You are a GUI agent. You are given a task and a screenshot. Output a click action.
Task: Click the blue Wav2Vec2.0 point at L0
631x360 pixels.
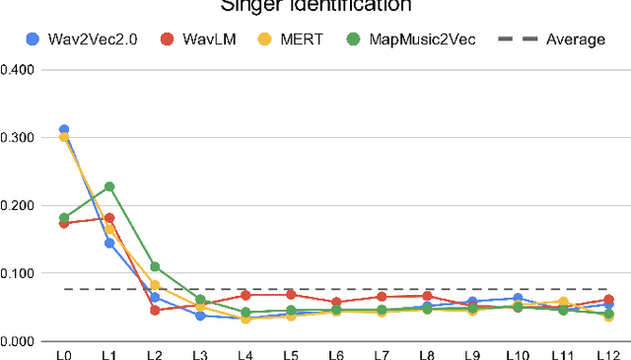pos(64,129)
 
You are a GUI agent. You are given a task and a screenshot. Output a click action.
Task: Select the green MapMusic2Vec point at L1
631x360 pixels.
pos(109,186)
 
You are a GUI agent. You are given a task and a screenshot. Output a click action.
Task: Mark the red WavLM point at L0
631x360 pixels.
pos(64,223)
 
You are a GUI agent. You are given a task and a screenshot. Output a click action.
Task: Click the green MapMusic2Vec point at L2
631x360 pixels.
pos(155,266)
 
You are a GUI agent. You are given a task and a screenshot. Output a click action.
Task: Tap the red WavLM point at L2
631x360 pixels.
pos(155,310)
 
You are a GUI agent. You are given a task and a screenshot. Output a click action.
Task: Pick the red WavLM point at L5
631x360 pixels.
pos(291,294)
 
